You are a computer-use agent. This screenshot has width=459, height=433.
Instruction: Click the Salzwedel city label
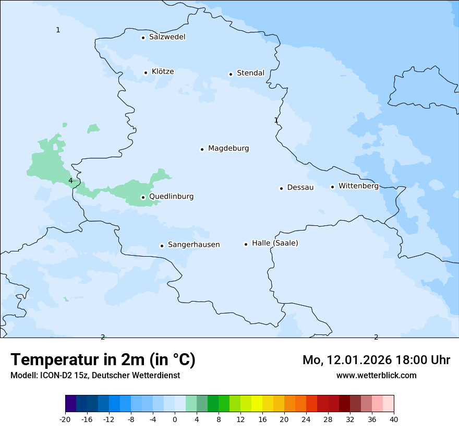click(167, 37)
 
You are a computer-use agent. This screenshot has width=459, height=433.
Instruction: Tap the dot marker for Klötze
click(146, 73)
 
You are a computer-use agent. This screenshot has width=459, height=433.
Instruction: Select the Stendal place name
click(250, 73)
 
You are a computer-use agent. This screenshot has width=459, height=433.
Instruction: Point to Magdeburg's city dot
click(202, 149)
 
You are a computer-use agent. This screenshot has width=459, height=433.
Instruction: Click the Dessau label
click(300, 187)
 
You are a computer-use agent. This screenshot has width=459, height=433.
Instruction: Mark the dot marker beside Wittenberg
click(332, 187)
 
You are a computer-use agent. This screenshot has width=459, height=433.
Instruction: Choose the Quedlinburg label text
click(171, 197)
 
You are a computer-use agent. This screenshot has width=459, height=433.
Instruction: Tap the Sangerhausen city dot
click(162, 246)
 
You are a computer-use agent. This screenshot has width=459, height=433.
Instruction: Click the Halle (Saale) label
click(275, 243)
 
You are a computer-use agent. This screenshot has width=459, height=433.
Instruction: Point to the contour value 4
click(70, 181)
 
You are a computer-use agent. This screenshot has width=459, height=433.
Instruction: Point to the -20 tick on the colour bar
click(65, 419)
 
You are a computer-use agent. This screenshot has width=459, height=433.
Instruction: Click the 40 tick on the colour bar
click(394, 419)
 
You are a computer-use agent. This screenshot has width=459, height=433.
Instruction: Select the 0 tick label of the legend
click(175, 419)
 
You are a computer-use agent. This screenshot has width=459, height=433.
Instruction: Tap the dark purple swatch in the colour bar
click(70, 404)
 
